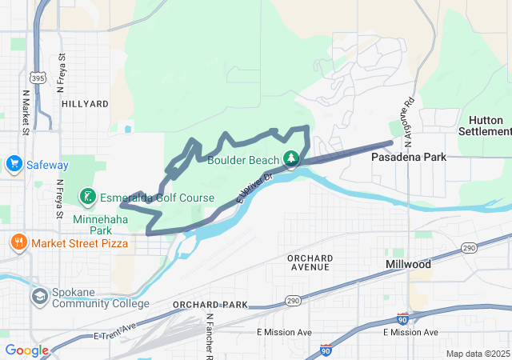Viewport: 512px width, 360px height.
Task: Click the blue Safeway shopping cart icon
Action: pyautogui.click(x=13, y=165)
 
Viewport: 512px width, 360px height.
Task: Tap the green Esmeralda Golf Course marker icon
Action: pyautogui.click(x=87, y=197)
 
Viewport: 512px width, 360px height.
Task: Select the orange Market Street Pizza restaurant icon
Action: pyautogui.click(x=18, y=241)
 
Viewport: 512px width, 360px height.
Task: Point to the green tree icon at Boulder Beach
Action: pyautogui.click(x=293, y=158)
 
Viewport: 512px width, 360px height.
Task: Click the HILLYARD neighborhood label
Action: pyautogui.click(x=84, y=104)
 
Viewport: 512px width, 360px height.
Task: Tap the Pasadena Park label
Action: pyautogui.click(x=409, y=158)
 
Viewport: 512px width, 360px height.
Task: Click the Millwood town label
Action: pyautogui.click(x=408, y=264)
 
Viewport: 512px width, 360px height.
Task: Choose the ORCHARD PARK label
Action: pyautogui.click(x=210, y=305)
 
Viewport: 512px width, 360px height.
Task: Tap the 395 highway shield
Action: pyautogui.click(x=37, y=78)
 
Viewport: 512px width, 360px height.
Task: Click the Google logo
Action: pyautogui.click(x=27, y=350)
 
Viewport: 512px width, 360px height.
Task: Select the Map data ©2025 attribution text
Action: pyautogui.click(x=477, y=354)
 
